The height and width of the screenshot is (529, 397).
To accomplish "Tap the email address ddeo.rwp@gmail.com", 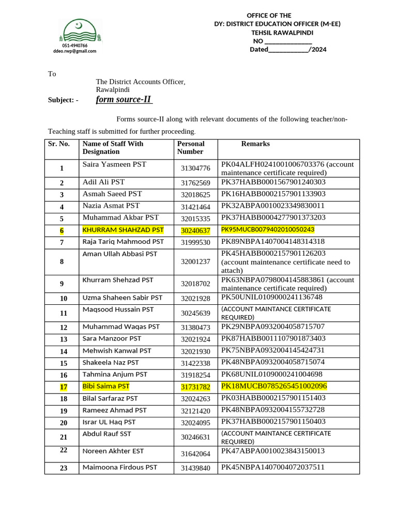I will coord(74,51).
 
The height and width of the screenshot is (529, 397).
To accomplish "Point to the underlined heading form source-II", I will coord(124,100).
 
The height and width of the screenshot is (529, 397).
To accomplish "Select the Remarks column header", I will coord(255,144).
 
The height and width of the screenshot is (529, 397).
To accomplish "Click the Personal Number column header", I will coord(191,148).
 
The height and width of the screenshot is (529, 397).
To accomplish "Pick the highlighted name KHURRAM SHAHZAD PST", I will coord(123,230).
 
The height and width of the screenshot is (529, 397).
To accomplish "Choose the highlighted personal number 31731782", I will coord(195,387).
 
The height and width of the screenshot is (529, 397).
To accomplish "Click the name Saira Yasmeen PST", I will coord(114,164).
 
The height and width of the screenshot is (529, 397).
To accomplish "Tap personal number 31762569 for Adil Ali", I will coord(195,183).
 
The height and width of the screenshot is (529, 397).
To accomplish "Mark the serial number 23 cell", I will coord(64,468).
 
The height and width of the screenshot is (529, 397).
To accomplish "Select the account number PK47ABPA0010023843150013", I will coord(273,451).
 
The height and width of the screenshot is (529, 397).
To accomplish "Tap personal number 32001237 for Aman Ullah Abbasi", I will coord(195,262).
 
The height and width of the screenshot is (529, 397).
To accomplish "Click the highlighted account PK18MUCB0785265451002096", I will coord(274,386).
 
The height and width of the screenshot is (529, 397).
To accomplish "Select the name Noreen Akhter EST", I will coord(113,451).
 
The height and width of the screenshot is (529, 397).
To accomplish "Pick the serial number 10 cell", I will coord(64,299).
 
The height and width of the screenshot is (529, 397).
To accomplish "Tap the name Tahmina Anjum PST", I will coord(115,375).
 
